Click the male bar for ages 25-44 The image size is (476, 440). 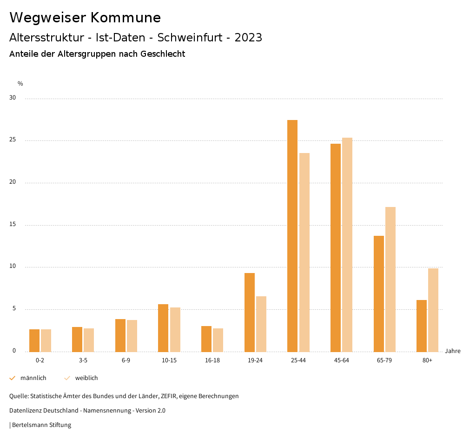292,236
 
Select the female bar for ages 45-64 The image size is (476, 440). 347,245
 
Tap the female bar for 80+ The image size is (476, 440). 433,310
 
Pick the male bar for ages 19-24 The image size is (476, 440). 250,312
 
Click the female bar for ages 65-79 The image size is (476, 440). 390,279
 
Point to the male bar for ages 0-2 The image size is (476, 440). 34,340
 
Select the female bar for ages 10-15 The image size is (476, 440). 175,329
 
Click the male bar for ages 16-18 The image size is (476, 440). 206,339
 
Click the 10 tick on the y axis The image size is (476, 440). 13,267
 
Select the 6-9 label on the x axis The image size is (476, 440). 126,360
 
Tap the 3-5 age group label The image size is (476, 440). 83,360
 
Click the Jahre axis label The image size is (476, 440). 453,351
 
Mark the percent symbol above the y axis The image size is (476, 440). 20,84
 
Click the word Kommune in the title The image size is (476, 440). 126,18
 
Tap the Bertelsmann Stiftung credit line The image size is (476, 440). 41,425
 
